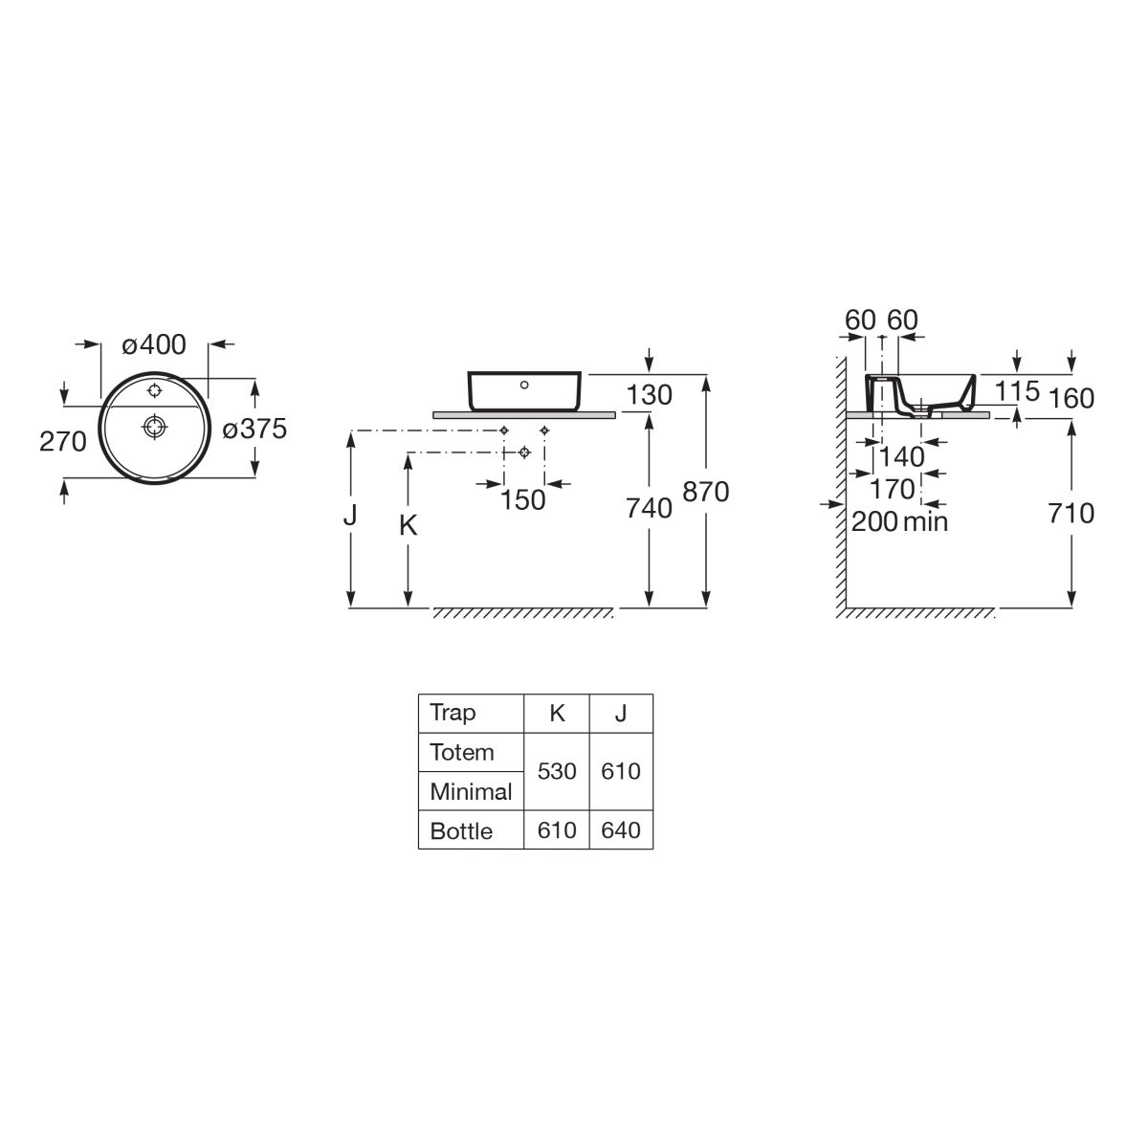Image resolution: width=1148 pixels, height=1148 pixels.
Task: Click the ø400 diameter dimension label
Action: coord(154,345)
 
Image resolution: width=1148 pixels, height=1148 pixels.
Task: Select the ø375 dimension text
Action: coord(254,429)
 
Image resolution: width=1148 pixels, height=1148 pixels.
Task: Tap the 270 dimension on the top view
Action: coord(63,441)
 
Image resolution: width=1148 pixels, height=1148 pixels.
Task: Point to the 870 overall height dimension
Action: coord(706,492)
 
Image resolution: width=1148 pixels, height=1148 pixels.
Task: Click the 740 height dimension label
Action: coord(649,509)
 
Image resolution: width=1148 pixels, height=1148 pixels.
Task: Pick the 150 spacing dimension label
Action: coord(522,500)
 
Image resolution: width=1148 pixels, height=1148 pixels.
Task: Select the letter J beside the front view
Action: coord(350,515)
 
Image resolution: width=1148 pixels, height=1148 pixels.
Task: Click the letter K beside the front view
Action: coord(408,525)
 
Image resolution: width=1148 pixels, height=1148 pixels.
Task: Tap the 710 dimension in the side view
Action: coord(1071,514)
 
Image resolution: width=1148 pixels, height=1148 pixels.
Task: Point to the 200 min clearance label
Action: coord(899,522)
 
